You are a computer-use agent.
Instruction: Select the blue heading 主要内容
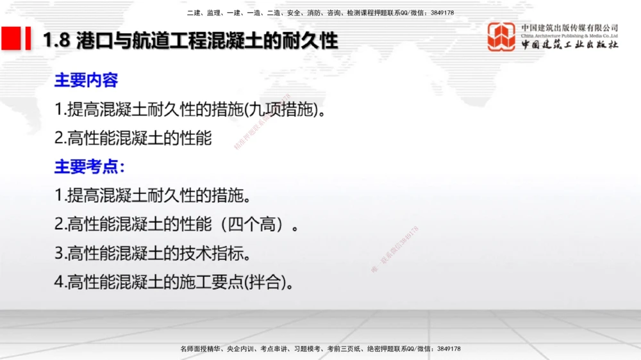pos(86,81)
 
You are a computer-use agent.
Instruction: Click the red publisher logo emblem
pos(501,37)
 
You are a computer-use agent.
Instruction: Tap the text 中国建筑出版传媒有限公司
pos(569,28)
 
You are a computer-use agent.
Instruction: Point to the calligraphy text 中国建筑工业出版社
pos(569,45)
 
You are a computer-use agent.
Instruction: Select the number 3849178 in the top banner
pos(442,13)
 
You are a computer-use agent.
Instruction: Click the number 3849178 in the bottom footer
pos(447,348)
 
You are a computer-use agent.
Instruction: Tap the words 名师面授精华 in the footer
pos(200,348)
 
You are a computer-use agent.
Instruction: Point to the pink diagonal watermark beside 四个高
pos(394,250)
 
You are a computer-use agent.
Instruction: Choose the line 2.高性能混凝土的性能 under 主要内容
pos(133,138)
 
